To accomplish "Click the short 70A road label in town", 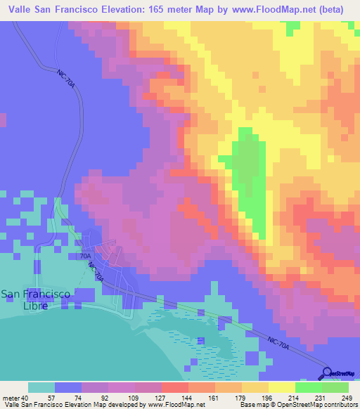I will [x=85, y=257].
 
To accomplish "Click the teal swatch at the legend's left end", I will [x=41, y=387].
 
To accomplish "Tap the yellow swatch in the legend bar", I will [x=282, y=387].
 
